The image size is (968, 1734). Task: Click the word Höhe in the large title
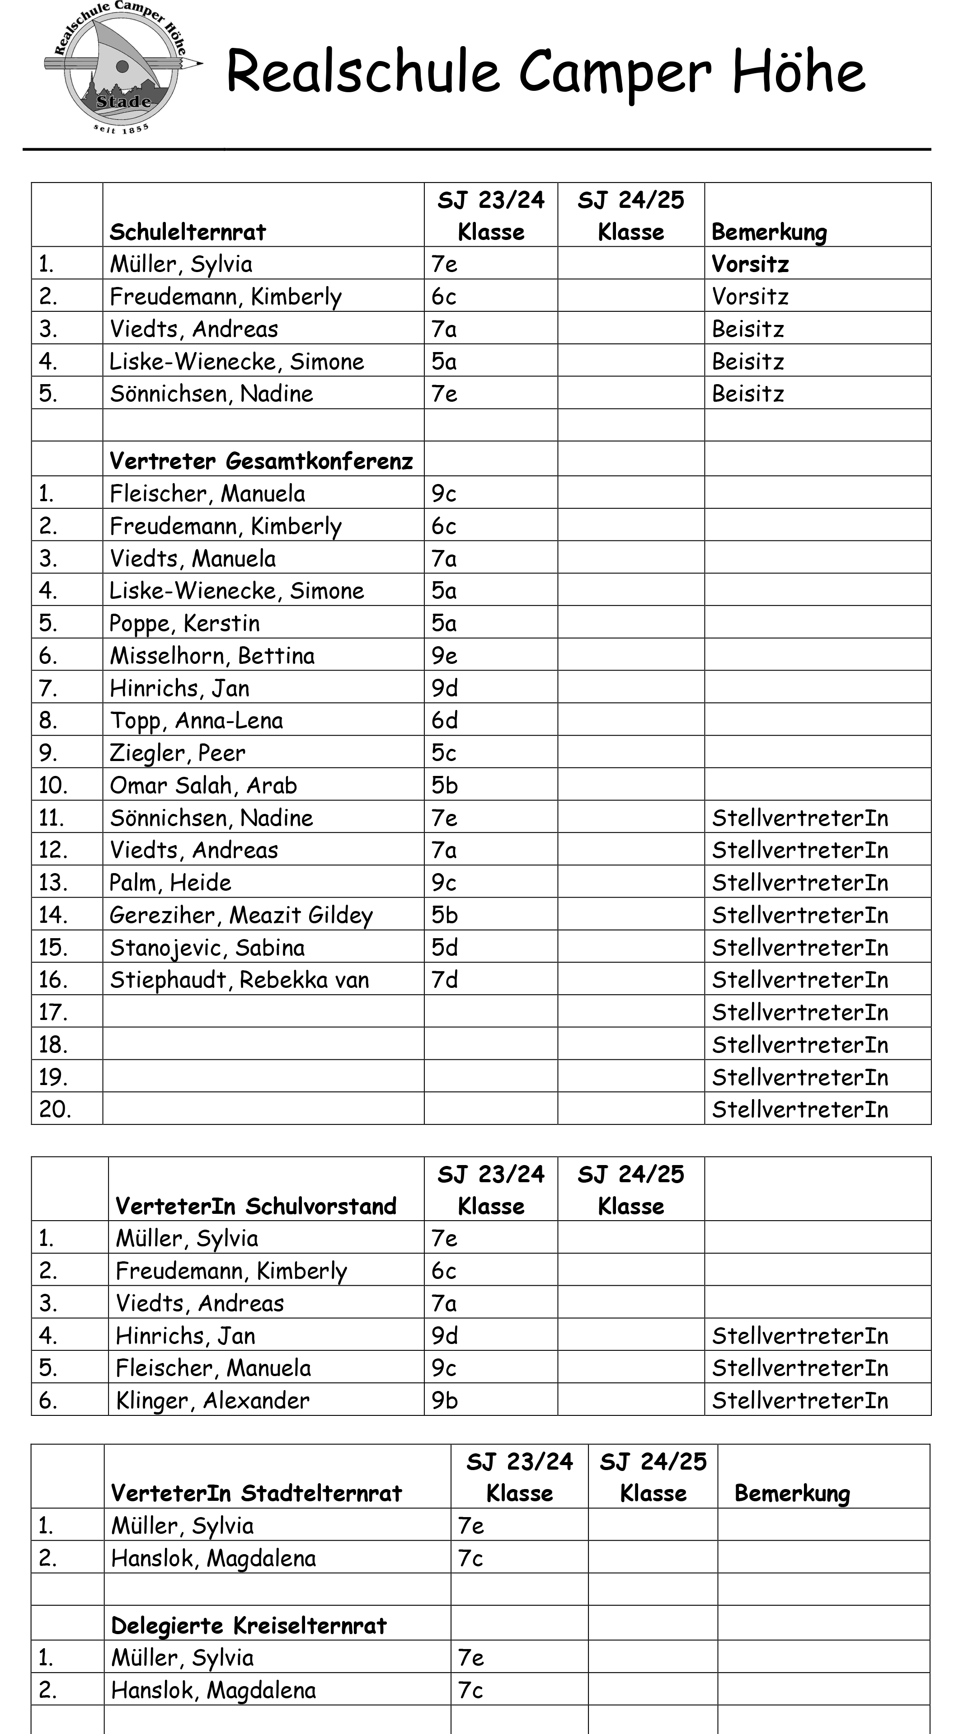[x=799, y=72]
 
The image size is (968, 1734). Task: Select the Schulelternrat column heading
[x=188, y=232]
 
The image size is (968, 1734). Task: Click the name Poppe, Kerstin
[x=184, y=623]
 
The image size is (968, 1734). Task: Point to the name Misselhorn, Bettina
[x=212, y=656]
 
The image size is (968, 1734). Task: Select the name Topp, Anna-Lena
[x=196, y=721]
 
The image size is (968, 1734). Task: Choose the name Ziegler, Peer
[x=178, y=752]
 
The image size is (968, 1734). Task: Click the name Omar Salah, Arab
[x=203, y=785]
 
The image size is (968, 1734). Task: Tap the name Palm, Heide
[x=170, y=883]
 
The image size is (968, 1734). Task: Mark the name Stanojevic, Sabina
[x=207, y=948]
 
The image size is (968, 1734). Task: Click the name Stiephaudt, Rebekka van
[x=240, y=980]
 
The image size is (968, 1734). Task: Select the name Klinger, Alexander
[x=213, y=1401]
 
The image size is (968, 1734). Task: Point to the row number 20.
[x=55, y=1109]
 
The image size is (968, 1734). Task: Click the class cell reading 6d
[x=444, y=721]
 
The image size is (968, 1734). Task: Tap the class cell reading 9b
[x=444, y=1401]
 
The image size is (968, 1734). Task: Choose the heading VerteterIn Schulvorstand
[x=256, y=1206]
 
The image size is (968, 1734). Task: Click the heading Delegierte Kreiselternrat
[x=249, y=1626]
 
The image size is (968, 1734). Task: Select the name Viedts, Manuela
[x=193, y=559]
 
